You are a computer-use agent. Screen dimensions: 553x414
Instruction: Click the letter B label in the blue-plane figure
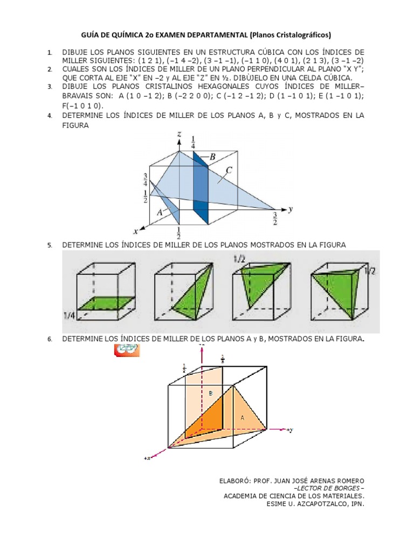click(x=212, y=157)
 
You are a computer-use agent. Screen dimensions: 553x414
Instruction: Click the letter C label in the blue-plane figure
click(x=229, y=170)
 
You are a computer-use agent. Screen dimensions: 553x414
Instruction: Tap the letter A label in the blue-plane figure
click(x=160, y=213)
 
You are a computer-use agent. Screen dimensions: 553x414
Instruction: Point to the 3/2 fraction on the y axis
click(x=275, y=219)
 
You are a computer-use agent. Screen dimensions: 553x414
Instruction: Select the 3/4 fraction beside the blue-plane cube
click(x=146, y=180)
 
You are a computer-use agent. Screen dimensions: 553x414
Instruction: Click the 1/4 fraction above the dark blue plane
click(x=194, y=142)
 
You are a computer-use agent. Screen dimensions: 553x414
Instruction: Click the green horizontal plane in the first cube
click(x=104, y=304)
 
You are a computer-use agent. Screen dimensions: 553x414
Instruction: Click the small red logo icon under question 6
click(x=127, y=350)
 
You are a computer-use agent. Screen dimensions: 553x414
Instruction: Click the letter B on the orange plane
click(x=211, y=393)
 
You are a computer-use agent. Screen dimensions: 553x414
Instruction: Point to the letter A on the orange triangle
click(x=241, y=417)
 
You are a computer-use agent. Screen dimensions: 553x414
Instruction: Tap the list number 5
click(x=50, y=245)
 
